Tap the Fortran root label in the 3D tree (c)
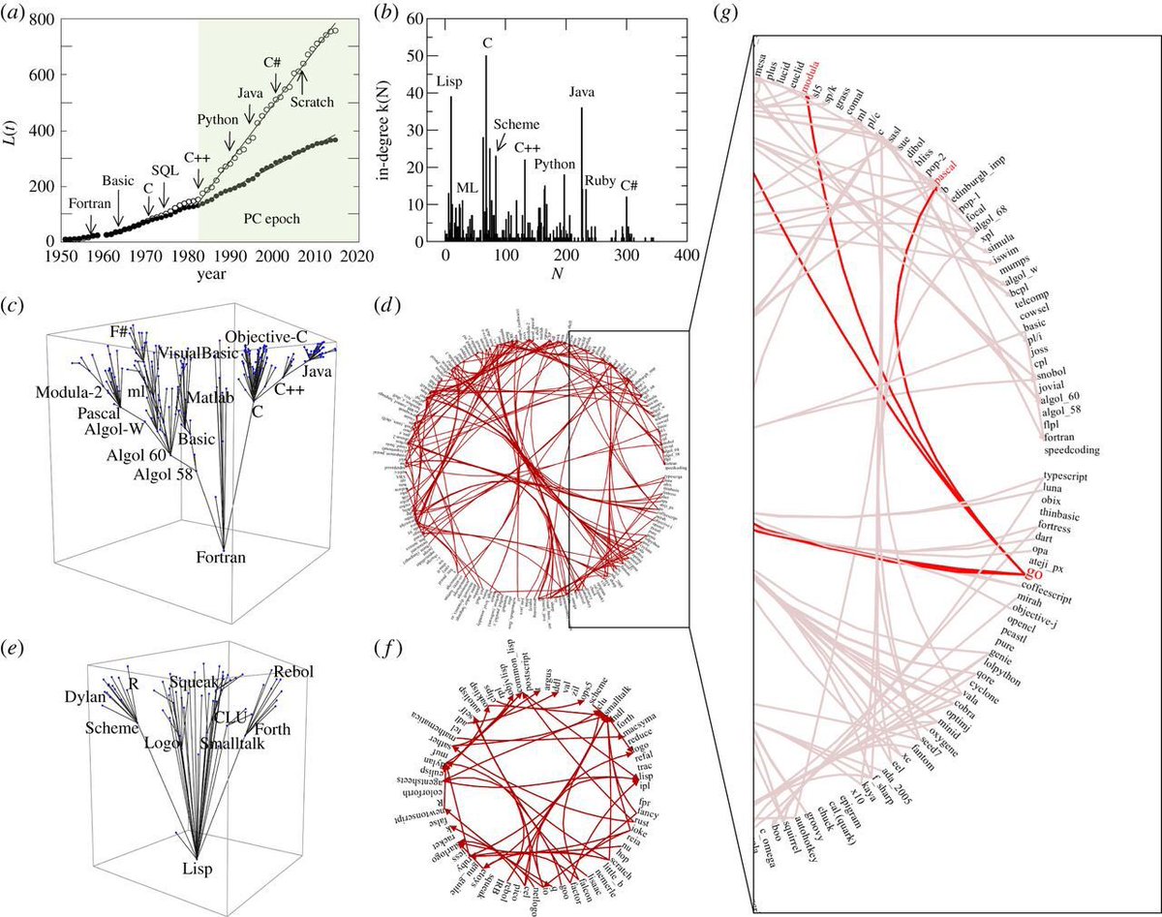coord(223,557)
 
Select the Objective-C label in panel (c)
coord(265,336)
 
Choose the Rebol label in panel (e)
coord(293,671)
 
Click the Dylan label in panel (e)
coord(86,696)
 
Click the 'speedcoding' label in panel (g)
coord(1077,450)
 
